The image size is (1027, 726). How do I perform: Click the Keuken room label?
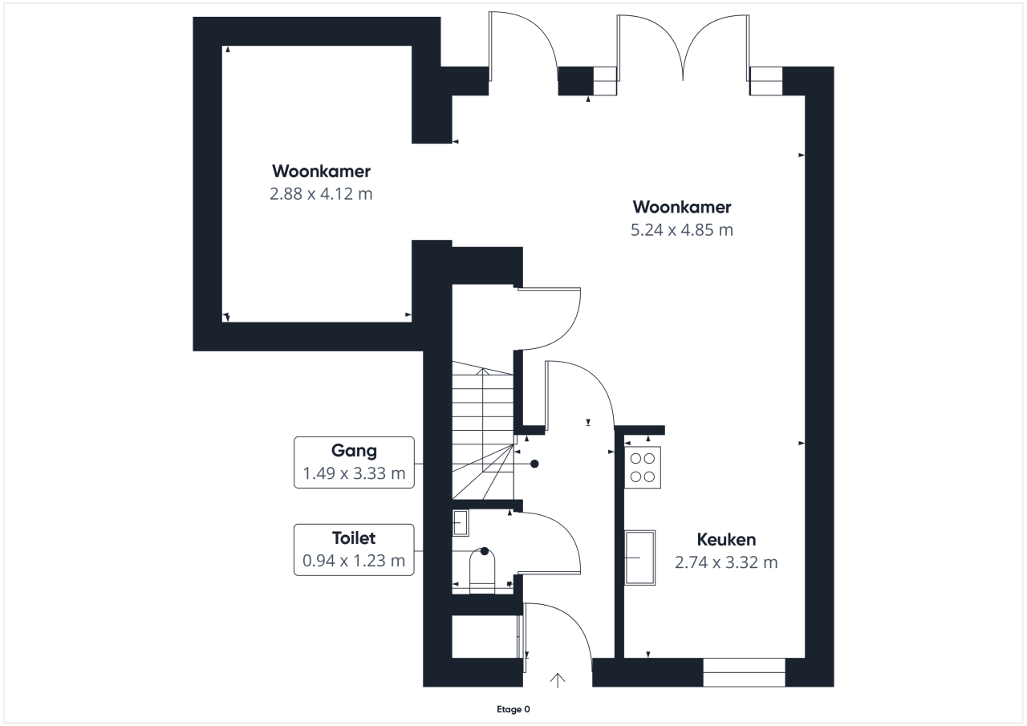(726, 539)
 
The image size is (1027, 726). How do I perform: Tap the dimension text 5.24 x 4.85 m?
(682, 229)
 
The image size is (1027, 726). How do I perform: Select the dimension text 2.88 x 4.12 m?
(321, 194)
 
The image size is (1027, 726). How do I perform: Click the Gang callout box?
(354, 462)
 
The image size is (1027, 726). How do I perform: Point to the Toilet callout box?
(354, 550)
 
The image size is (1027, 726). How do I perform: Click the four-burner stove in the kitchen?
(643, 467)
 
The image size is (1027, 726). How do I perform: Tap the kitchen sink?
(640, 558)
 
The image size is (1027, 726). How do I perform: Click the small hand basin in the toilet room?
(461, 523)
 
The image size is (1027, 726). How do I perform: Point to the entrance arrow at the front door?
(558, 680)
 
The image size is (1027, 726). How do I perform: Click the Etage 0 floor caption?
(513, 709)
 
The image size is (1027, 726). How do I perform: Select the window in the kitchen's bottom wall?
(744, 672)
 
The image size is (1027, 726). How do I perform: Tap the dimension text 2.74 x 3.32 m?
(726, 562)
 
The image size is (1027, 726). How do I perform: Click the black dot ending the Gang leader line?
(534, 464)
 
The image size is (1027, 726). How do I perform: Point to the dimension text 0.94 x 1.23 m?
(354, 561)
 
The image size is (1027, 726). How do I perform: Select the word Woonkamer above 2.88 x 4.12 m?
(321, 172)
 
